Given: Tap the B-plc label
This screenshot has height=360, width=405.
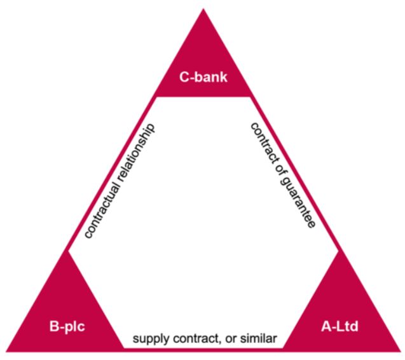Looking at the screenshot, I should click(67, 328).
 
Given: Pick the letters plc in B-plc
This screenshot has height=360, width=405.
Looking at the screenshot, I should click(74, 328).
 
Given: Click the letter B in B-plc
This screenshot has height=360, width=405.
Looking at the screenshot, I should click(54, 328).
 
